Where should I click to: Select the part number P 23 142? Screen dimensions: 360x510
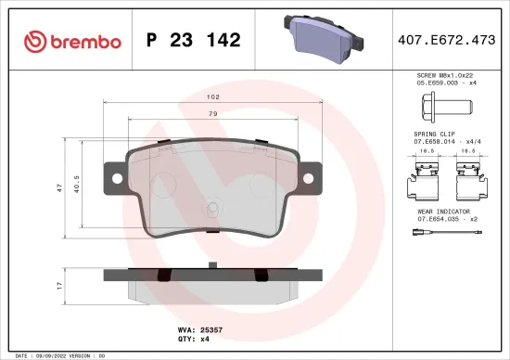click(194, 40)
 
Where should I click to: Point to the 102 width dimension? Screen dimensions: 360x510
click(212, 96)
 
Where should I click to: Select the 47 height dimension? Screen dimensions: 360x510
click(60, 187)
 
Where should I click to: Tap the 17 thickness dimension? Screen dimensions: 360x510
click(60, 284)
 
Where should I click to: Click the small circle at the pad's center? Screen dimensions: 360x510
click(214, 210)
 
